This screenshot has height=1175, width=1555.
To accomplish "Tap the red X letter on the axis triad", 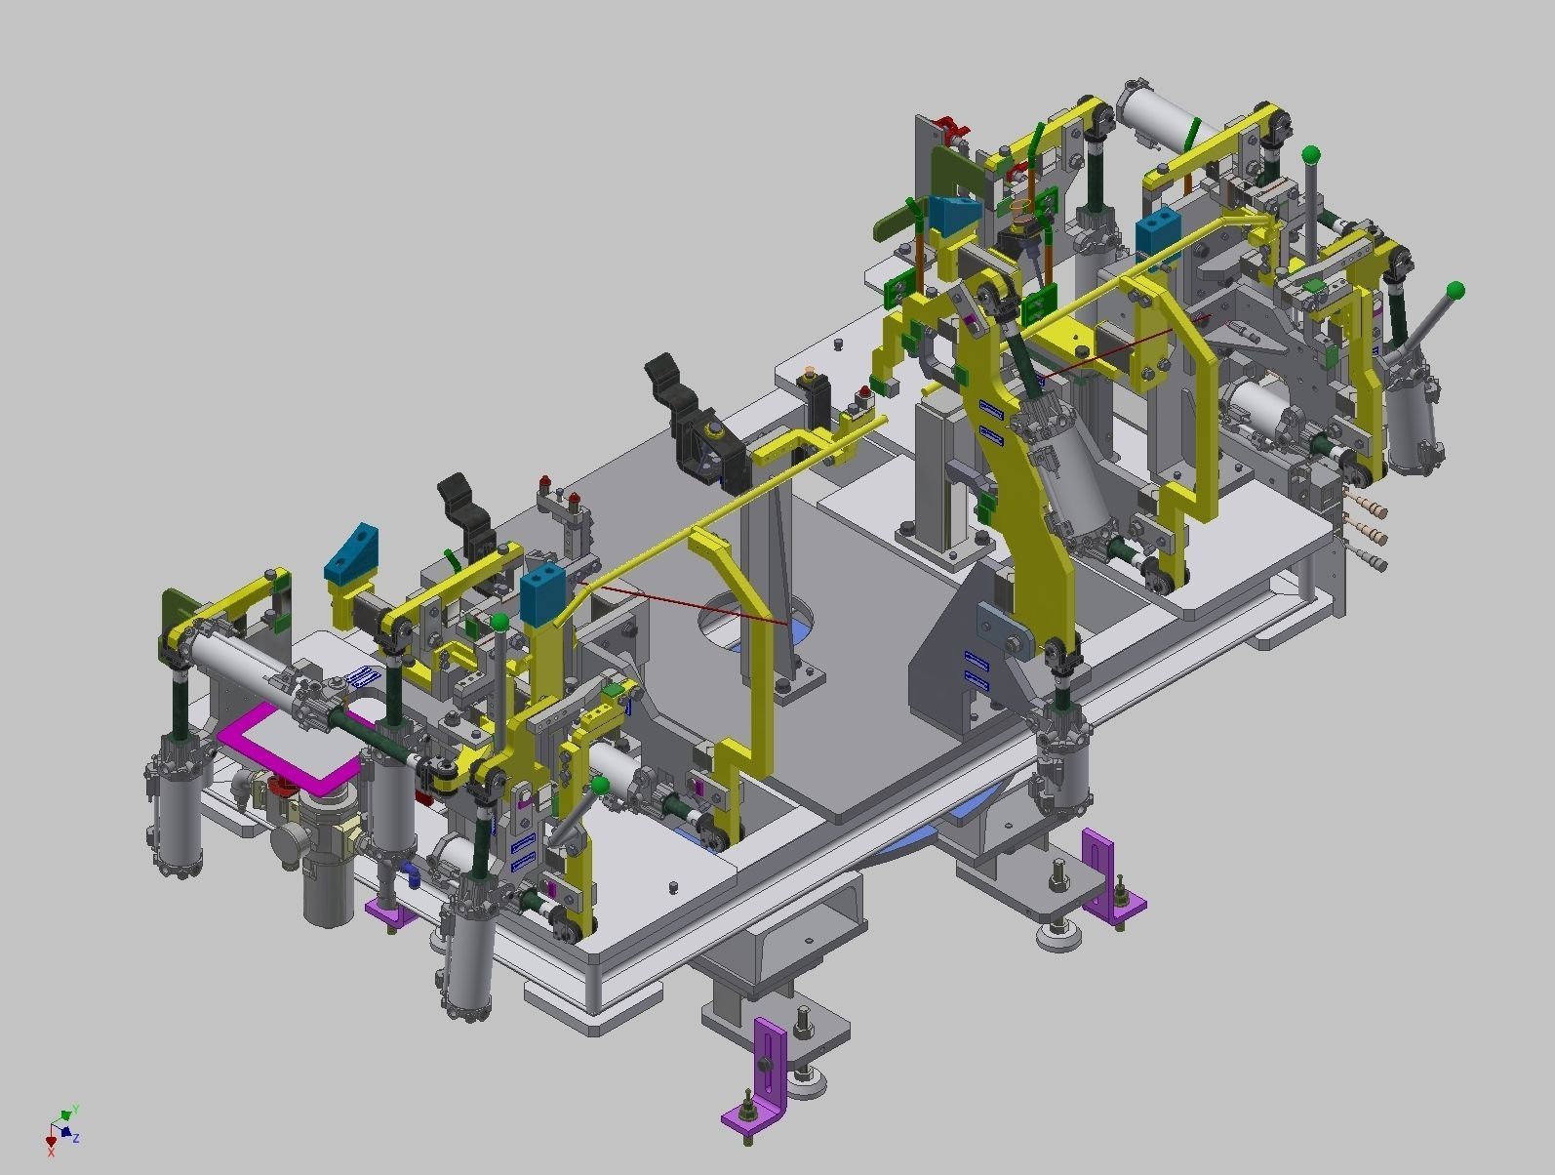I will [51, 1153].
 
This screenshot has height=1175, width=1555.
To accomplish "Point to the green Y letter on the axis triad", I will [75, 1109].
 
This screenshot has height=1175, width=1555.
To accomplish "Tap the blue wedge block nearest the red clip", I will [953, 215].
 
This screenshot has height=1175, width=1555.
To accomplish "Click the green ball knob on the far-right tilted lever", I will [1455, 290].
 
